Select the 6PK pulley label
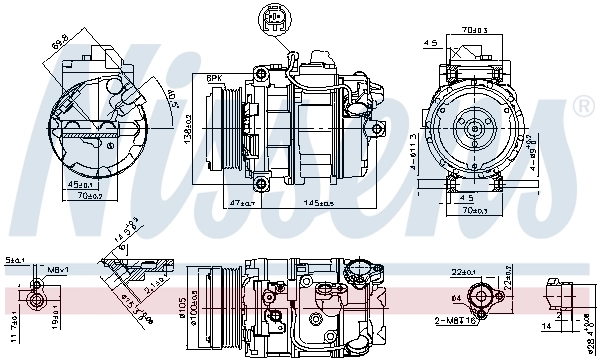[215, 78]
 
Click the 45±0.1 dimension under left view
[83, 184]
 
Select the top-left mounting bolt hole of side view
[261, 75]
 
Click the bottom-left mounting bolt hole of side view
[261, 183]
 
